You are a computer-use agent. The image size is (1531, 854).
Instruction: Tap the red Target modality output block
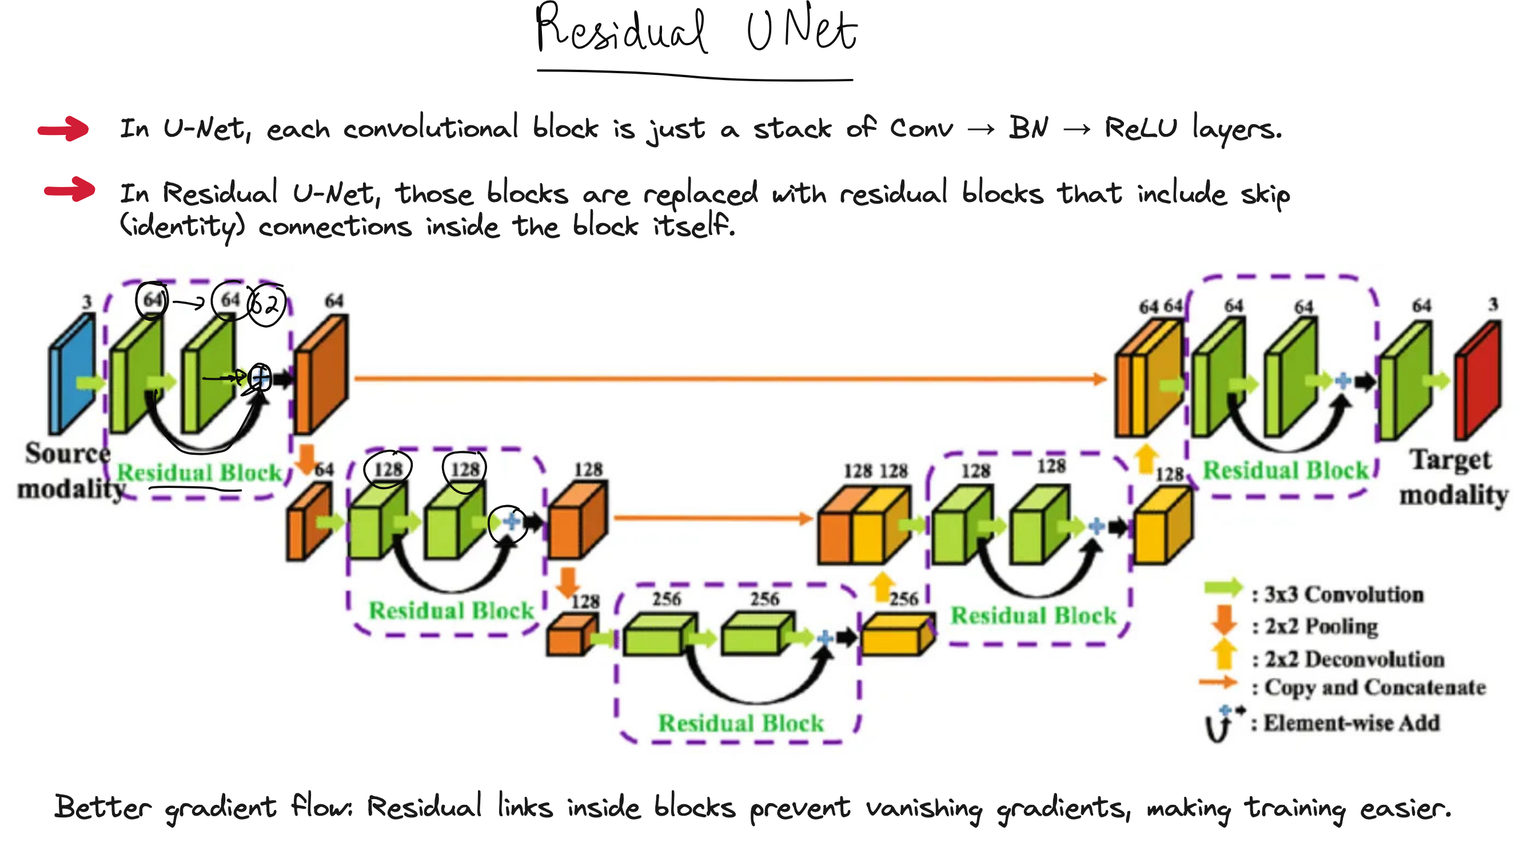[x=1478, y=380]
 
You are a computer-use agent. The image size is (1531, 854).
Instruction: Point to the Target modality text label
[x=1453, y=477]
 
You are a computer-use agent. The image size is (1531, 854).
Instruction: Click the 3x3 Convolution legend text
[x=1343, y=594]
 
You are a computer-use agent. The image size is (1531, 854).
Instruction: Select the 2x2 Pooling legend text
[x=1321, y=626]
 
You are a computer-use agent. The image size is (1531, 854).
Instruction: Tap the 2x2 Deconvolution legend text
[x=1354, y=659]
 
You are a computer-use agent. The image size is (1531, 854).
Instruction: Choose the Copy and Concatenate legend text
[x=1374, y=688]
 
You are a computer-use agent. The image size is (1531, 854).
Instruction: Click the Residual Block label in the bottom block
[x=741, y=723]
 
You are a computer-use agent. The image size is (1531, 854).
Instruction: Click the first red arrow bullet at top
[x=63, y=129]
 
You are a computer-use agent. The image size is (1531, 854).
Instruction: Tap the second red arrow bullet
[x=70, y=190]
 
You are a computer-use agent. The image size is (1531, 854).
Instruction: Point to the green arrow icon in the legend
[x=1223, y=588]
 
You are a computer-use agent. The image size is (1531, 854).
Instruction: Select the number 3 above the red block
[x=1492, y=305]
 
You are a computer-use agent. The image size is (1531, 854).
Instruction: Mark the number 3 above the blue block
[x=87, y=302]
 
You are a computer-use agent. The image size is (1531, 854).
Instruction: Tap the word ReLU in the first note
[x=1140, y=129]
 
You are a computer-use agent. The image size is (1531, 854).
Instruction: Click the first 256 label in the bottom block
[x=666, y=599]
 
